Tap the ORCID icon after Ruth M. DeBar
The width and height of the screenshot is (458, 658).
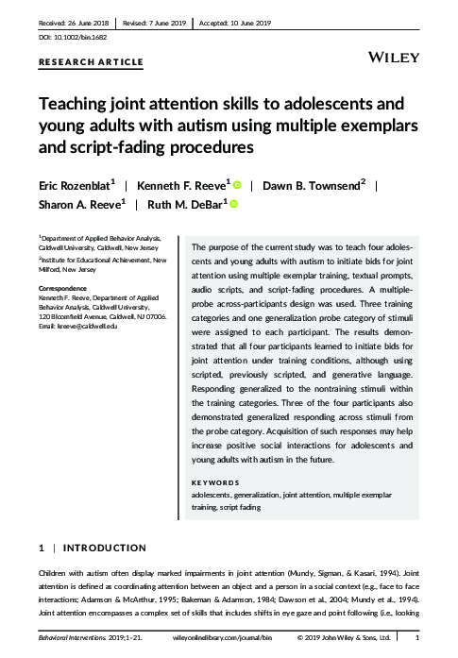[x=232, y=203]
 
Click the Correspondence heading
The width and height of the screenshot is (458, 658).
[x=63, y=287]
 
